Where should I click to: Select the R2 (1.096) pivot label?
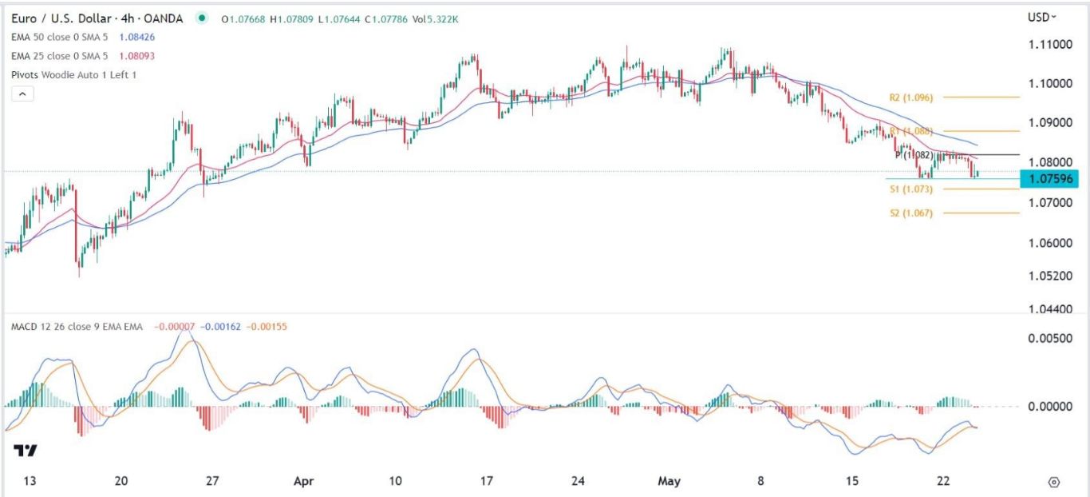[x=910, y=97]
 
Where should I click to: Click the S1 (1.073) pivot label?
[x=910, y=189]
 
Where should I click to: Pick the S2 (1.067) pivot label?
[x=910, y=213]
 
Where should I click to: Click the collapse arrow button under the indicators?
[x=22, y=93]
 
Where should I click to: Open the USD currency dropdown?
[x=1042, y=17]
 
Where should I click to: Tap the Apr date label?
[x=302, y=481]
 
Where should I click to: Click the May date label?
[x=669, y=481]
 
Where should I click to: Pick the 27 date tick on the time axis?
[x=212, y=481]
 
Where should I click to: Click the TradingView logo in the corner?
[x=26, y=451]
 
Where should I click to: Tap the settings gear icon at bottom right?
[x=1054, y=482]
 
